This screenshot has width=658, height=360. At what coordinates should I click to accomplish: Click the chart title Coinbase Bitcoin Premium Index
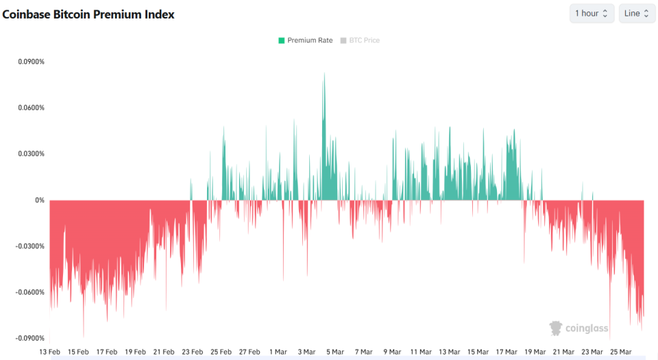pyautogui.click(x=88, y=14)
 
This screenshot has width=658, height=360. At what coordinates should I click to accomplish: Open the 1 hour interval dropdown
pyautogui.click(x=592, y=14)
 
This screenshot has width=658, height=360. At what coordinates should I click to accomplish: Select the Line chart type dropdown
pyautogui.click(x=637, y=14)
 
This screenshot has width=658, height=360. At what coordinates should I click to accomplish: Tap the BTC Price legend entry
pyautogui.click(x=364, y=40)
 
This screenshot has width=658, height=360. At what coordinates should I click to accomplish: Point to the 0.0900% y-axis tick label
pyautogui.click(x=32, y=62)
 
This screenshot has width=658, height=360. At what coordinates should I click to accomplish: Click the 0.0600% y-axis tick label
pyautogui.click(x=32, y=108)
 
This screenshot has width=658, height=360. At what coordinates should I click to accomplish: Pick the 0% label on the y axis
pyautogui.click(x=39, y=200)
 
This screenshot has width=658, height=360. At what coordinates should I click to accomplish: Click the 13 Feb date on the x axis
pyautogui.click(x=49, y=352)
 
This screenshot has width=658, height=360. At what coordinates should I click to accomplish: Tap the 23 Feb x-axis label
pyautogui.click(x=192, y=352)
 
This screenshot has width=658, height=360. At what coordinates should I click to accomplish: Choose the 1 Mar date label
pyautogui.click(x=278, y=352)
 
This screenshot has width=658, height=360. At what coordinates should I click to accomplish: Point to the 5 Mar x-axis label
pyautogui.click(x=334, y=352)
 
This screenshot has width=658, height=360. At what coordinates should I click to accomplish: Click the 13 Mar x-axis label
pyautogui.click(x=449, y=352)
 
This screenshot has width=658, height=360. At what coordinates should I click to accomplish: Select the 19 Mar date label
pyautogui.click(x=535, y=352)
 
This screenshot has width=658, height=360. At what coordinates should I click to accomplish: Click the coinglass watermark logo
pyautogui.click(x=579, y=328)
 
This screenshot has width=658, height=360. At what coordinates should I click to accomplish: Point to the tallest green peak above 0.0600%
pyautogui.click(x=324, y=75)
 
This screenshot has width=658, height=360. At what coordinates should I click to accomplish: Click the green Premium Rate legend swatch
pyautogui.click(x=281, y=40)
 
